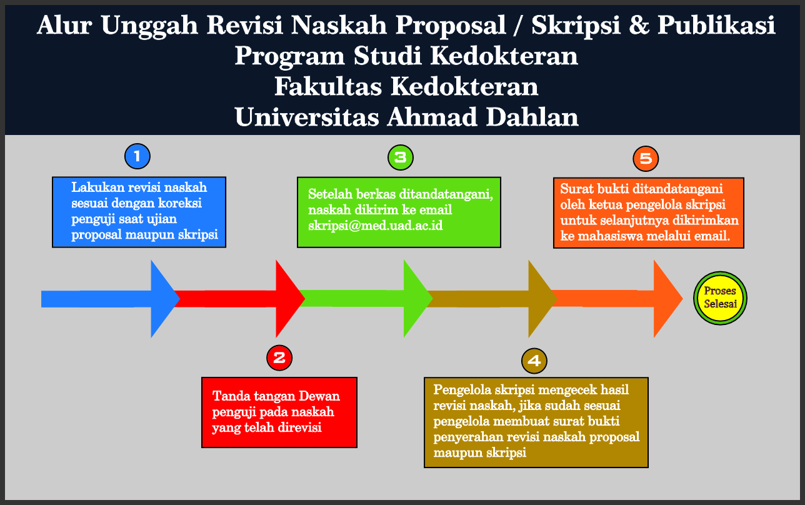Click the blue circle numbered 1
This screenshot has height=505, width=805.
coord(137,156)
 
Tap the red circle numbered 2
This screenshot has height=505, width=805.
coord(279,358)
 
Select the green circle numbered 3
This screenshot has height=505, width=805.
coord(401,157)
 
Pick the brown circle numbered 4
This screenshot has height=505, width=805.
coord(534,361)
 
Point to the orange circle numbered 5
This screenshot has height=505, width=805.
coord(646,159)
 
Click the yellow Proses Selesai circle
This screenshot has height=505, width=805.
coord(720,298)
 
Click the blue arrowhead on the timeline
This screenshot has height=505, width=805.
coord(164,299)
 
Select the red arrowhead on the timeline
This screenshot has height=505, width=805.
coord(289,299)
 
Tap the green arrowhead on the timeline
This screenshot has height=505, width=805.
coord(416,298)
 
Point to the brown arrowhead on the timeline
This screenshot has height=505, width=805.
coord(541,299)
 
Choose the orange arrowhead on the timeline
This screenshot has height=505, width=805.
coord(667,299)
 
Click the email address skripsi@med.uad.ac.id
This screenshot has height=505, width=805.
coord(375,226)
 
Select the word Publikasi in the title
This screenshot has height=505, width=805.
coord(716,26)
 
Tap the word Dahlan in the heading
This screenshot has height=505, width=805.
coord(532,117)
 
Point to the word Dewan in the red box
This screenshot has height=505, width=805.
coord(319,396)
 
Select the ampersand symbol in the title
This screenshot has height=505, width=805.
coord(639,26)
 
